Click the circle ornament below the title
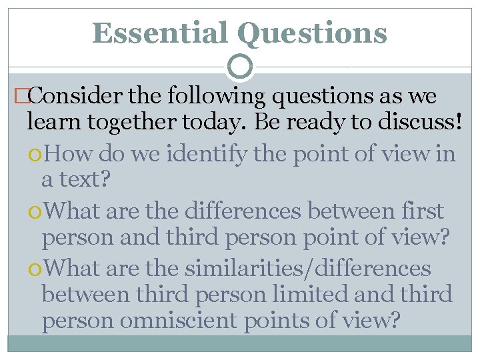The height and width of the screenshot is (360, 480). pos(240,66)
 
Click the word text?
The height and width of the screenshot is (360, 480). pos(87,180)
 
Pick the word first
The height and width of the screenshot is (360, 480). pos(421,211)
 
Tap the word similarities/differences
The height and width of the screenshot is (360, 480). pos(308,268)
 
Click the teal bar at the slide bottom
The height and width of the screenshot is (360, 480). pos(240,343)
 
